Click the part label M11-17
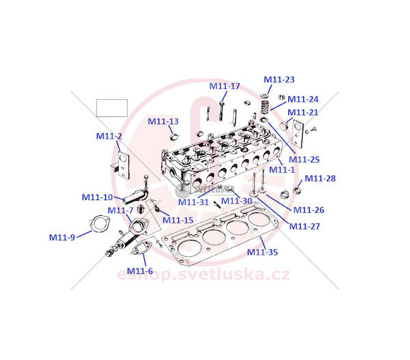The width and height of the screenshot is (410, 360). (225, 86)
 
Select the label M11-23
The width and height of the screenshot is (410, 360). (279, 79)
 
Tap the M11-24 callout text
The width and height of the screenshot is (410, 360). (303, 99)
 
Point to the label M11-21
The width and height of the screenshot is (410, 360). (303, 112)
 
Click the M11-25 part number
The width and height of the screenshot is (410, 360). (304, 159)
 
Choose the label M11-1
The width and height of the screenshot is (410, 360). (282, 169)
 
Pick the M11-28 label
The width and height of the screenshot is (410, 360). (320, 178)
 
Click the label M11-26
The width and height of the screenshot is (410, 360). (308, 210)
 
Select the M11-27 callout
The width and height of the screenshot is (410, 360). (304, 226)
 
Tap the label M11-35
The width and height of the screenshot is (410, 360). (262, 252)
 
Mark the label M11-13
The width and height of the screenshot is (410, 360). (163, 122)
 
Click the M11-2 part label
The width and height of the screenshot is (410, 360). (109, 136)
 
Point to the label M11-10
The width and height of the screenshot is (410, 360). (98, 197)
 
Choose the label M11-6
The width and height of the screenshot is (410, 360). (140, 271)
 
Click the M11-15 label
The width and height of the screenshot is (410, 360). (178, 220)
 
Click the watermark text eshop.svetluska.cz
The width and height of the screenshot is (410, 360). (198, 275)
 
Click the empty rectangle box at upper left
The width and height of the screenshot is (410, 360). (112, 108)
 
